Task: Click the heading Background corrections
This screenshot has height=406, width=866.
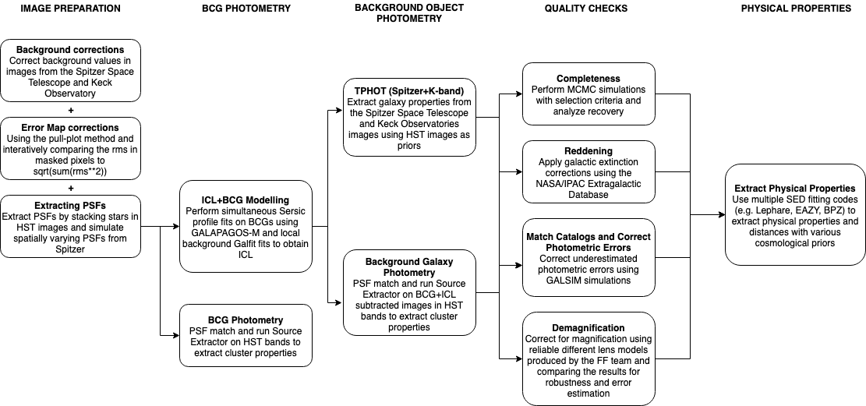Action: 70,50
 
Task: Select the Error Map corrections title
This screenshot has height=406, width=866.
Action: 70,127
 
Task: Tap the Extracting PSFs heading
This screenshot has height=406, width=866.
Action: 70,206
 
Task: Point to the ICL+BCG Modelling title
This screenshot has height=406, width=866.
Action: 246,199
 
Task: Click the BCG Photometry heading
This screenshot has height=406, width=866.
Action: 246,320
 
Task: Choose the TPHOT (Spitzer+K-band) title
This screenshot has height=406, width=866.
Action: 409,91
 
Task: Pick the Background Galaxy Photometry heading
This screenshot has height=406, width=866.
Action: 409,267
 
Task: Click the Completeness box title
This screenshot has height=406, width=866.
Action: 589,79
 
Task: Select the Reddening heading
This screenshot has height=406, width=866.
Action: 589,150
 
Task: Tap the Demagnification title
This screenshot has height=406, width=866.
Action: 589,328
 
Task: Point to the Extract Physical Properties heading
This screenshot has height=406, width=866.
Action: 795,188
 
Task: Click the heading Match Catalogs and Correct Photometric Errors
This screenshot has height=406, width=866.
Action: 589,242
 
